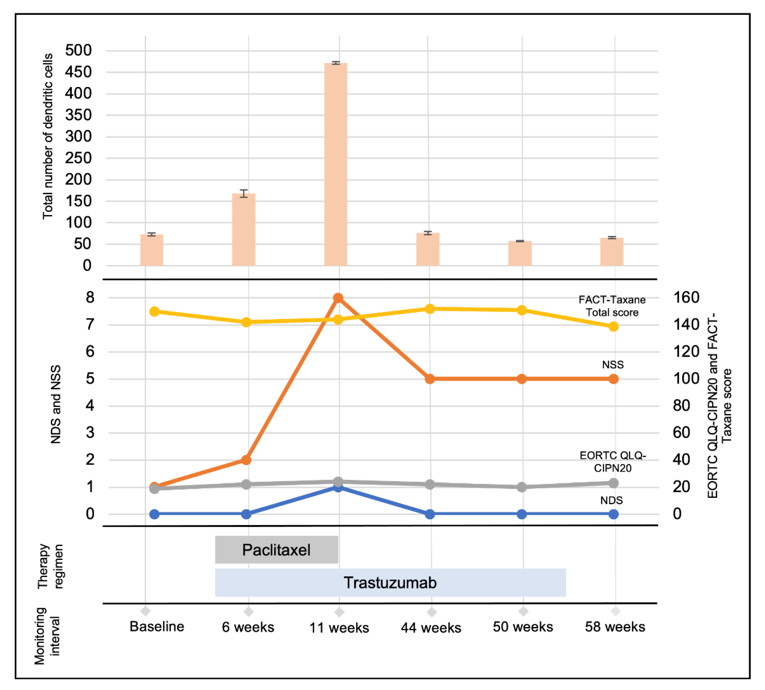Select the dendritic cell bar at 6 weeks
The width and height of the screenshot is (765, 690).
tap(244, 229)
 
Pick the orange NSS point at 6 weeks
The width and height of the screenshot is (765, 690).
tap(246, 460)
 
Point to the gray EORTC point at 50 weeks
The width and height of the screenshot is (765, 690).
tap(522, 487)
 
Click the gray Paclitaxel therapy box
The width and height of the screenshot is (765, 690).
tap(276, 550)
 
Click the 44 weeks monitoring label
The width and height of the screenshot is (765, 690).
tap(431, 628)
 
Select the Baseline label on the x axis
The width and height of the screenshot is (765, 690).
tap(157, 627)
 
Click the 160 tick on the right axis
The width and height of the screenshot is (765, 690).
tap(686, 298)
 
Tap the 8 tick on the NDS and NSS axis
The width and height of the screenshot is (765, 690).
tap(90, 298)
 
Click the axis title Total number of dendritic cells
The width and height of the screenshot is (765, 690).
tap(48, 137)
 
